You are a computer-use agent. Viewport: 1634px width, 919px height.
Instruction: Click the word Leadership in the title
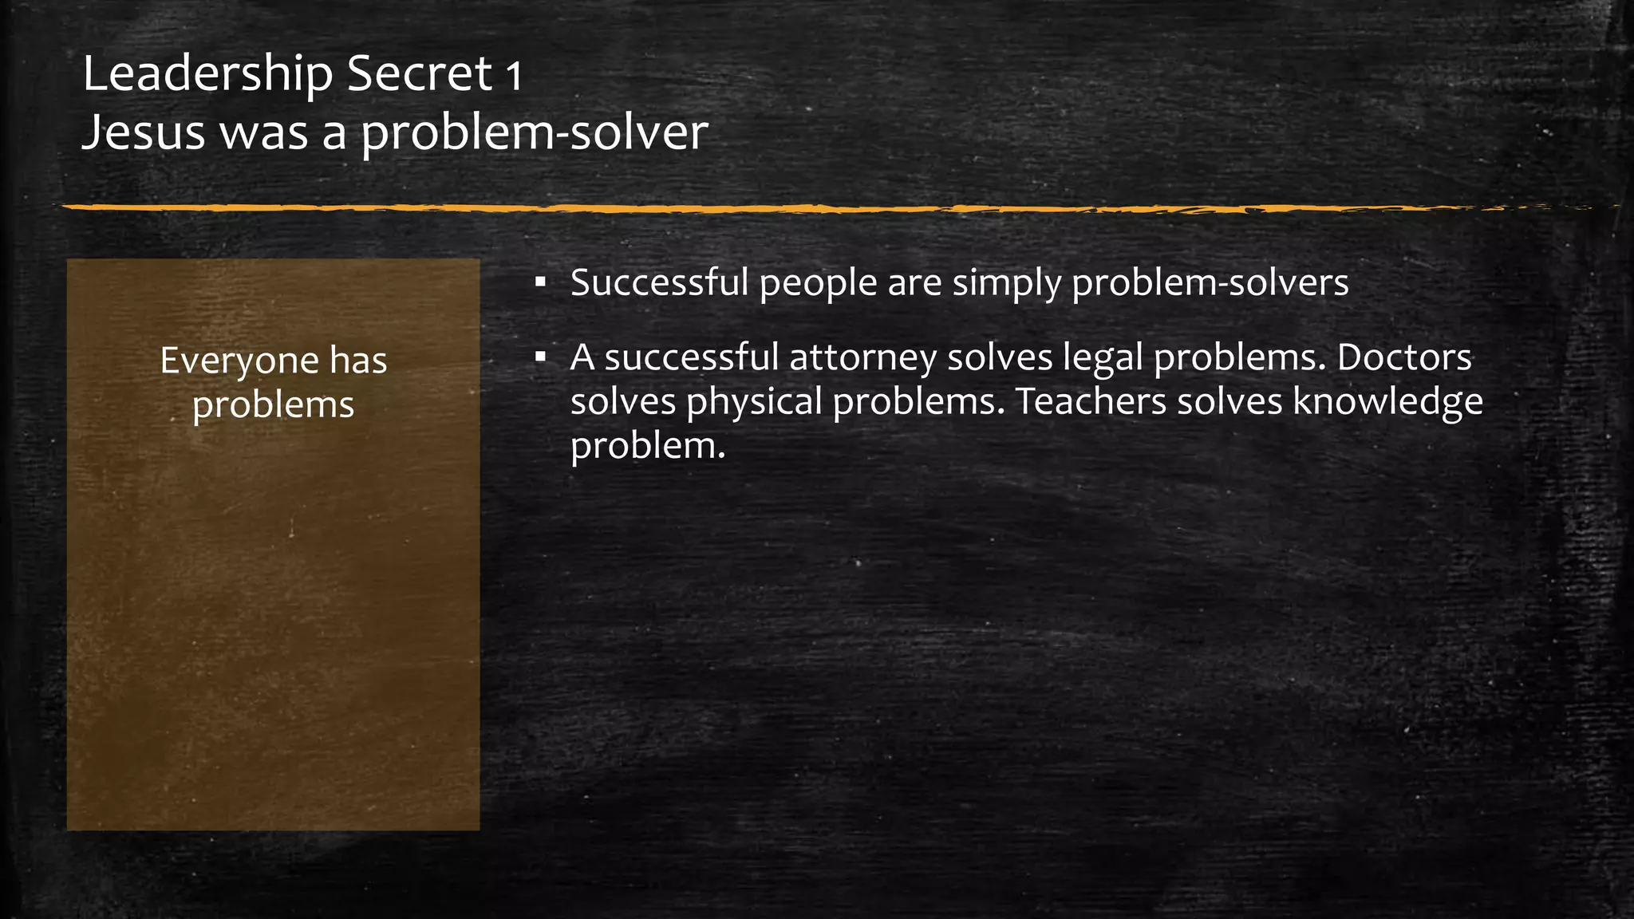(x=207, y=74)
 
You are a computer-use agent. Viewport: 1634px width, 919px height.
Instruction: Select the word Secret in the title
(x=420, y=74)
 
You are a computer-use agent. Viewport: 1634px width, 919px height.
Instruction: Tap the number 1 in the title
(x=514, y=77)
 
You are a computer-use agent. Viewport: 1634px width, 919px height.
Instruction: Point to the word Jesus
(x=144, y=132)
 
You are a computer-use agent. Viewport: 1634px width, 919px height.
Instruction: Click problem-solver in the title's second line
(x=535, y=132)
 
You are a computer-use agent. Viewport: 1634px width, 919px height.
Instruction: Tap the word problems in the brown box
(x=273, y=405)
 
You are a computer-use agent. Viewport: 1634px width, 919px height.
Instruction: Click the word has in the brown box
(x=358, y=361)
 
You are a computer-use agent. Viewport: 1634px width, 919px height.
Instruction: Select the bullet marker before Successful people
(x=541, y=282)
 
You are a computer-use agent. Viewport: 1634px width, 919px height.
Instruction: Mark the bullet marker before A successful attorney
(x=541, y=357)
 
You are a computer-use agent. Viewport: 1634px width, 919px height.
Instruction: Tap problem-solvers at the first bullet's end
(x=1210, y=284)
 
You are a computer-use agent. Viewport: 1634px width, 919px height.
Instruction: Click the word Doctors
(x=1404, y=357)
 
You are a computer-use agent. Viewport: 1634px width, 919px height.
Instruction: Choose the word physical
(x=754, y=402)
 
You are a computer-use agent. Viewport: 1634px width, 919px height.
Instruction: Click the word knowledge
(x=1387, y=402)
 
